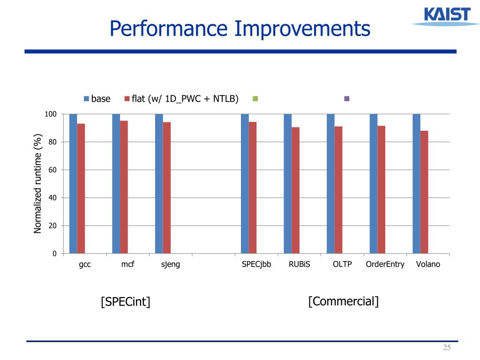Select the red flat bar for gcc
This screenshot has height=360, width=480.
(x=81, y=188)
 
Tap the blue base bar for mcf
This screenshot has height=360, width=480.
(x=116, y=184)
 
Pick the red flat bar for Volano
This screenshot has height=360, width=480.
(x=424, y=192)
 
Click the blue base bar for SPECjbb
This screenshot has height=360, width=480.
(x=245, y=184)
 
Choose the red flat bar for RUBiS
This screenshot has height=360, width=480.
(x=295, y=190)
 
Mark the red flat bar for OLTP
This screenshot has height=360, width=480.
(x=338, y=190)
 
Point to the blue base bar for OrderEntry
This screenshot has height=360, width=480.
(x=373, y=184)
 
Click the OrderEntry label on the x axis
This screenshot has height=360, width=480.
(x=385, y=264)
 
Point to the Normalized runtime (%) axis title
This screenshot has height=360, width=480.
(x=38, y=183)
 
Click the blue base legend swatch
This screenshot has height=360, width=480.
(x=86, y=99)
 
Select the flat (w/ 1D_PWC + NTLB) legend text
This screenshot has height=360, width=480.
(x=186, y=99)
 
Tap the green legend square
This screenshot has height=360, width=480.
(x=255, y=99)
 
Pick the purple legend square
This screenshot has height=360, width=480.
(x=347, y=99)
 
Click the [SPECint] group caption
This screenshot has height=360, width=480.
(x=126, y=302)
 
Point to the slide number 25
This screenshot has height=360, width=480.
(x=446, y=347)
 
